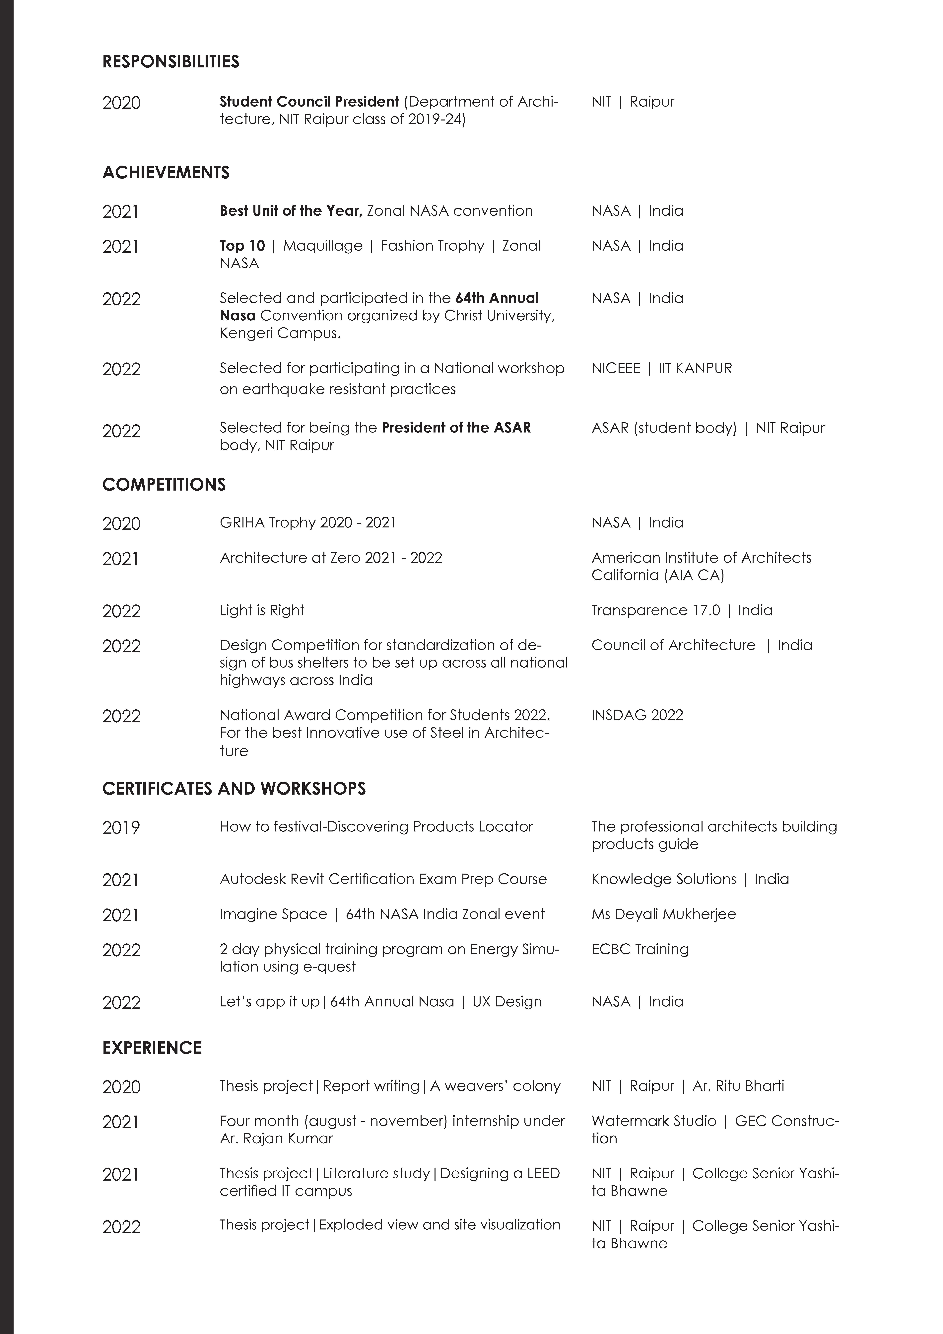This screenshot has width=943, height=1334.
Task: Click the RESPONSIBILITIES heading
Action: pos(171,62)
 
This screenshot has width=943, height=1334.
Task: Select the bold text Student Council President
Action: pos(309,102)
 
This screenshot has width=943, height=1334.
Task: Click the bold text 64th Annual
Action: pos(497,298)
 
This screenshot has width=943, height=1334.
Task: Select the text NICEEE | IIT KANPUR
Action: pos(661,368)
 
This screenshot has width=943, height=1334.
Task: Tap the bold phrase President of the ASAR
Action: pos(456,428)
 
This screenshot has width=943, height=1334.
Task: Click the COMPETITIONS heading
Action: pos(164,485)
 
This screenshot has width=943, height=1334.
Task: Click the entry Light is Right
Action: pos(262,610)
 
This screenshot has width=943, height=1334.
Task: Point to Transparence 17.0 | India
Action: pos(682,610)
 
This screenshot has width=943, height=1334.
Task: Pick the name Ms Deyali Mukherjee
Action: pos(663,914)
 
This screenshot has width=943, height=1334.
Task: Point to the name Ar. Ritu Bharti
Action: pos(738,1086)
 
